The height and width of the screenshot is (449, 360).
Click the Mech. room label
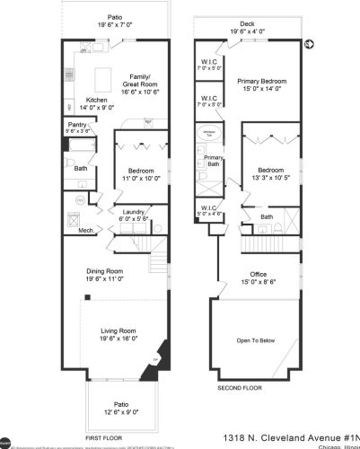(x=87, y=231)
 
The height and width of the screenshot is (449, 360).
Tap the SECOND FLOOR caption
(x=239, y=389)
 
